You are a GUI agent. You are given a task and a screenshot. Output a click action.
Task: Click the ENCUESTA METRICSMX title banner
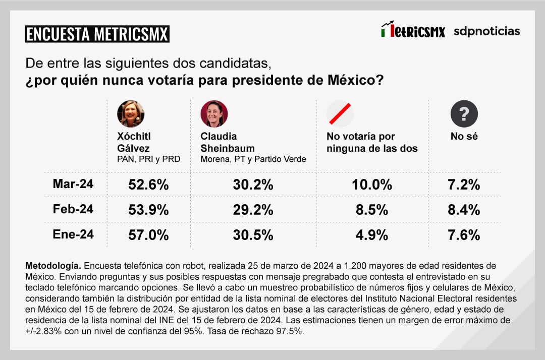tap(97, 34)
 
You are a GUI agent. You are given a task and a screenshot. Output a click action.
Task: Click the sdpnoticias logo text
tap(486, 31)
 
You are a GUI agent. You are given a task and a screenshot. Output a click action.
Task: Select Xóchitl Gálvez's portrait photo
tap(131, 113)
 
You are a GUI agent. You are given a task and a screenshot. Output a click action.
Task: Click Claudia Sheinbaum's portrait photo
tap(214, 113)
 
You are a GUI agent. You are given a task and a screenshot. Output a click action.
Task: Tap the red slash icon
tap(340, 113)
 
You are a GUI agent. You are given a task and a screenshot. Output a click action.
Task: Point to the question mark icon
tap(464, 113)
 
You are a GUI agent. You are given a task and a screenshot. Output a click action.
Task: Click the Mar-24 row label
tap(73, 184)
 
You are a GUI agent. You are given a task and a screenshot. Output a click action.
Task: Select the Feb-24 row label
tap(73, 209)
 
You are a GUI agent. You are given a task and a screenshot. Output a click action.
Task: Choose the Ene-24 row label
tap(73, 234)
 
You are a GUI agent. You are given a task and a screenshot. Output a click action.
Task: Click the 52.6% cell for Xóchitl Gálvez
tap(148, 185)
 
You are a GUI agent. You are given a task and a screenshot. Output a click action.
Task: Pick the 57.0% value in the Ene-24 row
tap(148, 235)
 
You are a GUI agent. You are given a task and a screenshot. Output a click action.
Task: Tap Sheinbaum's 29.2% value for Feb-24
tap(253, 210)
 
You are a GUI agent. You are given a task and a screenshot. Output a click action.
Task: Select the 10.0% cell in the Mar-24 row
tap(372, 185)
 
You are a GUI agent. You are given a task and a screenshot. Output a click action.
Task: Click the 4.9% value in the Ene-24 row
tap(372, 235)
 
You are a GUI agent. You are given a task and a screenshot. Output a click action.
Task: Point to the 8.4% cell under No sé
tap(464, 210)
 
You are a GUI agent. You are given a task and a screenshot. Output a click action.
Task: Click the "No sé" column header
tap(464, 136)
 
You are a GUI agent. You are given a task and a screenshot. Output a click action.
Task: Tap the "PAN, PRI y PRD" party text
tap(148, 159)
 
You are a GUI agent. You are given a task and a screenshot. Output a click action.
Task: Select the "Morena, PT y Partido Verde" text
tap(253, 159)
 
